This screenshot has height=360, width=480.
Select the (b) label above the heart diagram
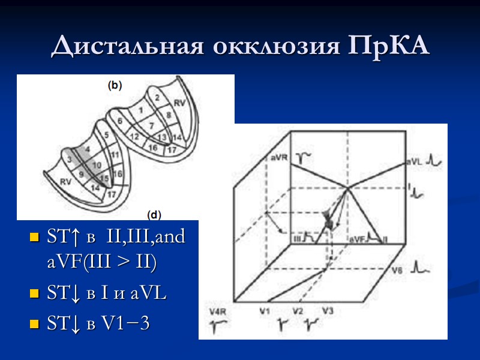pos(115,85)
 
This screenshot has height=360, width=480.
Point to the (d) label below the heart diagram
pos(154,214)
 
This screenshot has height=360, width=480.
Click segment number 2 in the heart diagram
pos(157,97)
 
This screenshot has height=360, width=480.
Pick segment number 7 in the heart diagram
pos(152,125)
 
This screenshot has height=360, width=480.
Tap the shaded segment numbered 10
pos(96,164)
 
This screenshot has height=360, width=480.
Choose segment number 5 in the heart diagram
pos(107,135)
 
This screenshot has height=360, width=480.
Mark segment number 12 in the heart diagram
pos(134,137)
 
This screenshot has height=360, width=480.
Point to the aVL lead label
pos(413,161)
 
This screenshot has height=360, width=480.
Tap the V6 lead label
pos(397,271)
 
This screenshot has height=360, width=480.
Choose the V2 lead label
pos(298,311)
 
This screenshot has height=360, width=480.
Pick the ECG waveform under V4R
pos(217,326)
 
